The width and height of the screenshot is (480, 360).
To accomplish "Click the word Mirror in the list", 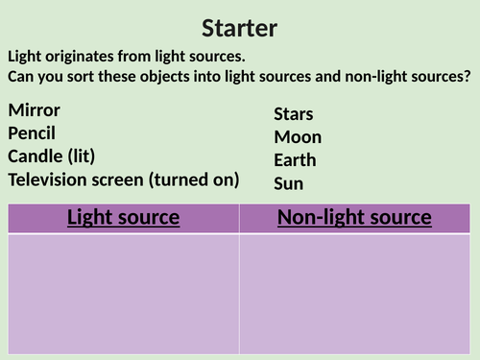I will (34, 109).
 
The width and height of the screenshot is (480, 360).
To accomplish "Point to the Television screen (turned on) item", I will (123, 179).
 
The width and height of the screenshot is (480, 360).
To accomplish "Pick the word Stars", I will (294, 114).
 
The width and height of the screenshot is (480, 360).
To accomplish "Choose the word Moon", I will (298, 137).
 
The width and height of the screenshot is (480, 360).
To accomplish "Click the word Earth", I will (295, 160).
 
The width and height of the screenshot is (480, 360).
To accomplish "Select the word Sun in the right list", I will (289, 182).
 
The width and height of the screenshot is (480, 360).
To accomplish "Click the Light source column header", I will (123, 218).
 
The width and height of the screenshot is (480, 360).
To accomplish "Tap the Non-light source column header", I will (354, 218).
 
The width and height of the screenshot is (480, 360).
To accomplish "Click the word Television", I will (49, 179).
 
